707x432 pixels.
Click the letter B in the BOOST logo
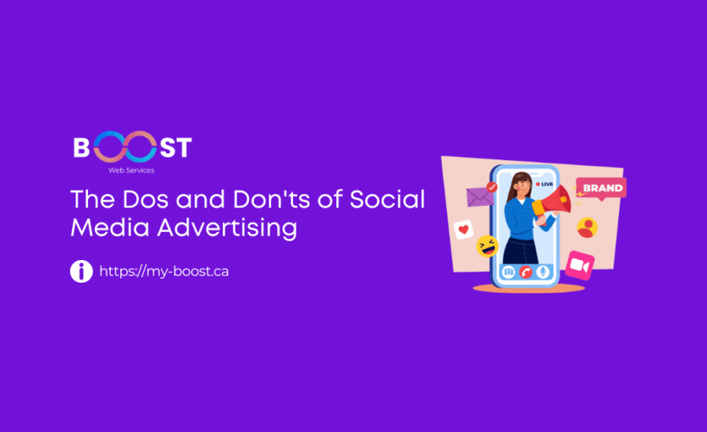click(82, 148)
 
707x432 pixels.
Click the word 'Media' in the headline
click(104, 228)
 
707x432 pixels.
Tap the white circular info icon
click(81, 271)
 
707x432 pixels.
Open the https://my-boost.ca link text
click(164, 272)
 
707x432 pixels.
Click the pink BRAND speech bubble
click(601, 189)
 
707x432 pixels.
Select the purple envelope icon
click(478, 196)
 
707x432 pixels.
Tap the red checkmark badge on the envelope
click(492, 187)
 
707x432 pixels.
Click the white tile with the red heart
click(464, 230)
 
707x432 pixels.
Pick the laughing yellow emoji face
click(487, 247)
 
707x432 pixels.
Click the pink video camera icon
click(580, 265)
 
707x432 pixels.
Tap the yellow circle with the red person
click(587, 228)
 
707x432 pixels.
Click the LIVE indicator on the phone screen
click(544, 184)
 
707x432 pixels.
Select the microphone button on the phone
click(541, 271)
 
